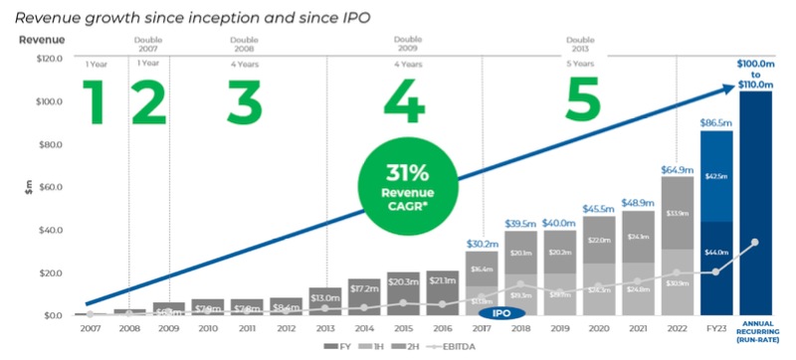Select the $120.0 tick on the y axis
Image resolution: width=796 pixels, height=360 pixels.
tap(46, 59)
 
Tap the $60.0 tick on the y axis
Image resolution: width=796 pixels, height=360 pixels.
tap(46, 187)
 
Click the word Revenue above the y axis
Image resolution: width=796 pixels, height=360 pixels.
tap(42, 40)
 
